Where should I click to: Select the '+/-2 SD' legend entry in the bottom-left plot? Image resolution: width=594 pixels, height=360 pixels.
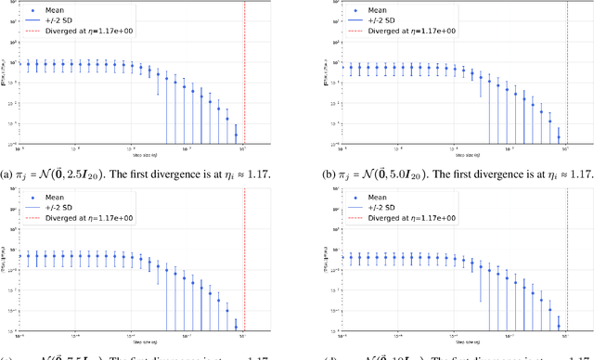(68, 205)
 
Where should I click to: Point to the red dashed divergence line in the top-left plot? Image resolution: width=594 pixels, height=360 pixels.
(245, 74)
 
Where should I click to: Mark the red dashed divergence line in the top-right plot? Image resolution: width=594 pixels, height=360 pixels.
(567, 74)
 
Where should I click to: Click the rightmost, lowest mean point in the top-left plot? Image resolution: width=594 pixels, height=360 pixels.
(236, 135)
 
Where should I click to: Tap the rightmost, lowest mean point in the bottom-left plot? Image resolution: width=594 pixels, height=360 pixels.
(236, 326)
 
